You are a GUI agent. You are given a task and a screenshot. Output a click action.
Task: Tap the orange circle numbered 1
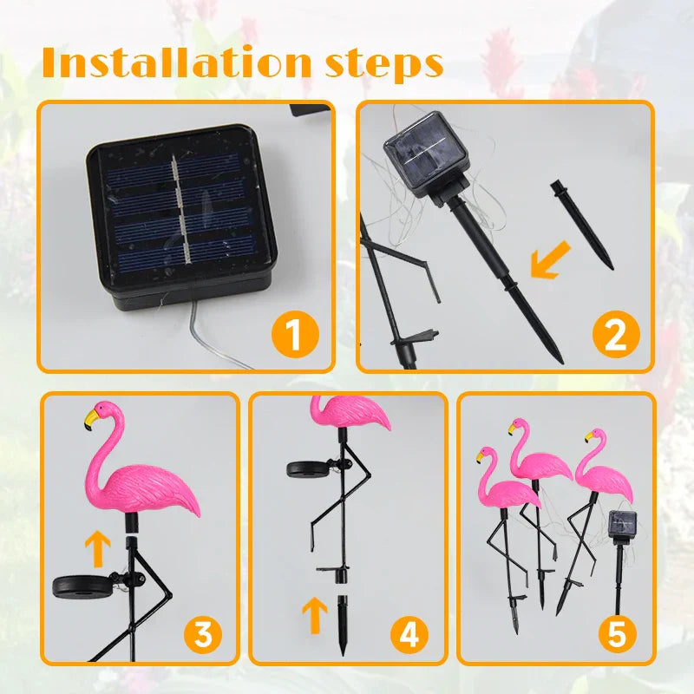coord(295,335)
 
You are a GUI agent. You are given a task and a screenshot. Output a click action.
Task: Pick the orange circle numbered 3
coord(202,636)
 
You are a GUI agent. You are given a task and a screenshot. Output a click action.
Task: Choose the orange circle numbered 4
coord(409,636)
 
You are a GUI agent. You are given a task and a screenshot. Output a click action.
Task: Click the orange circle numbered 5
coord(616,636)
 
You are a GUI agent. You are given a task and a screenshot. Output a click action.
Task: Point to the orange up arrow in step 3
coord(99,549)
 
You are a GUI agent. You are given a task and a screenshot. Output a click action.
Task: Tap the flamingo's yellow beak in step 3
coord(90,421)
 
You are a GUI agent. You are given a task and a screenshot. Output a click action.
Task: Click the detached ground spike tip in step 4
coord(344,617)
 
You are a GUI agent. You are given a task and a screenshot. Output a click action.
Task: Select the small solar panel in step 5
coord(623,524)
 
